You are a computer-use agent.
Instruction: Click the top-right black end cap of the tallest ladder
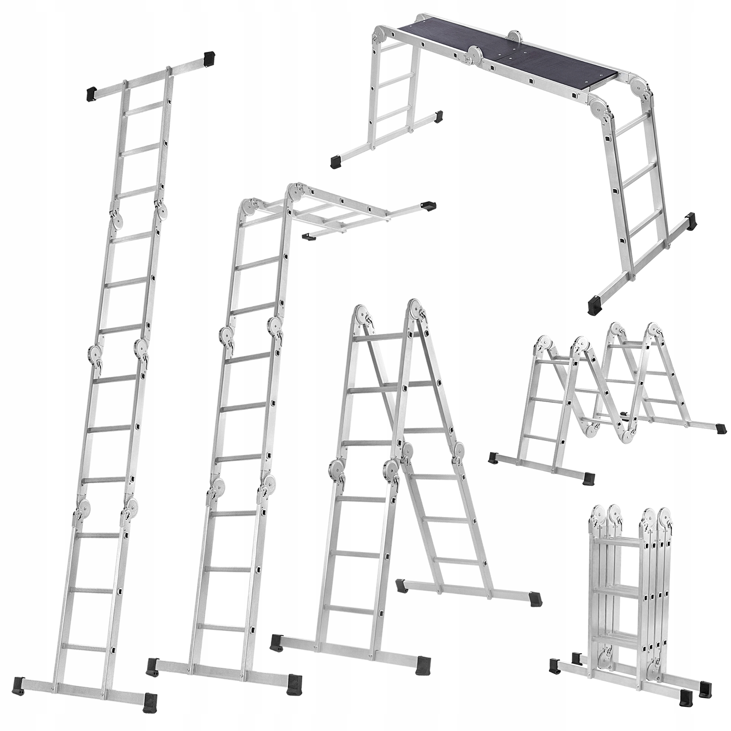coord(209,58)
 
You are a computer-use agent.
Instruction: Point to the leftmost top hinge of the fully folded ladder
coord(598,515)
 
